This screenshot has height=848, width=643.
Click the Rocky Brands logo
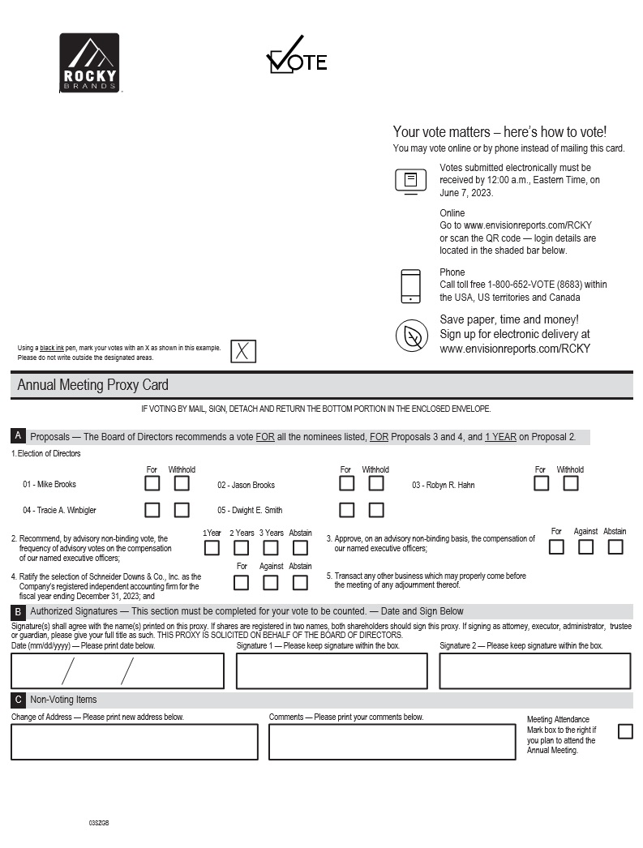point(89,62)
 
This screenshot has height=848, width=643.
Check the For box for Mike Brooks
point(152,483)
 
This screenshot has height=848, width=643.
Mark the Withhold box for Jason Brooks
point(376,483)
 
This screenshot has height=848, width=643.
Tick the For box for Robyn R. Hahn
point(541,483)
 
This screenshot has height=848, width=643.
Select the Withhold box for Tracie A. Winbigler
point(182,510)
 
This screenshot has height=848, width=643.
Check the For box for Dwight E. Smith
point(346,510)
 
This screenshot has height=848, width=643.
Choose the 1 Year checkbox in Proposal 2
point(212,547)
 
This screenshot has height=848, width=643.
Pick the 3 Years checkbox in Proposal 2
point(271,547)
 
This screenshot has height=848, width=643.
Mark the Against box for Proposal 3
point(585,546)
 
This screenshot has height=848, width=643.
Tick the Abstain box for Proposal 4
point(300,582)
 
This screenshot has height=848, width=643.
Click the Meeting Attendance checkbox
point(625,731)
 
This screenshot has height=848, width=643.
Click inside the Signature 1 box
point(332,670)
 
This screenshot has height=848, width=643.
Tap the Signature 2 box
point(535,670)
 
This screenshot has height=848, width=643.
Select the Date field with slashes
point(118,670)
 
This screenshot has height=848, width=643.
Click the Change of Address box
point(135,742)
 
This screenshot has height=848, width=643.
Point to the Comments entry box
point(392,742)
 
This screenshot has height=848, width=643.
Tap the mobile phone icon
point(411,286)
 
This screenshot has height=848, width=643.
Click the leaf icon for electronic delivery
point(412,336)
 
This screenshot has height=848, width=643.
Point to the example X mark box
point(243,351)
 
